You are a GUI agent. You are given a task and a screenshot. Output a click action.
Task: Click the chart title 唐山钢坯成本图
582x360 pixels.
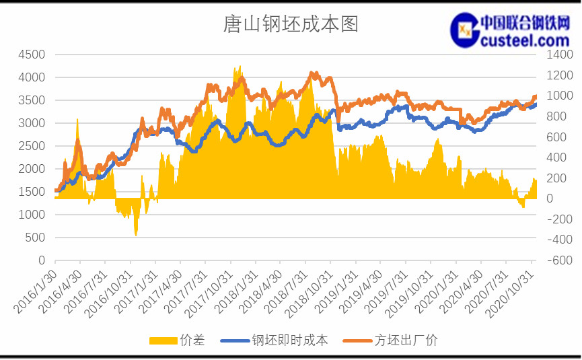click(x=290, y=24)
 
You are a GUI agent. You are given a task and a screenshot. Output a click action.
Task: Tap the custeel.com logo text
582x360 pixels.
click(x=525, y=40)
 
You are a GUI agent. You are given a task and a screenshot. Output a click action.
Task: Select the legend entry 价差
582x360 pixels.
click(x=177, y=340)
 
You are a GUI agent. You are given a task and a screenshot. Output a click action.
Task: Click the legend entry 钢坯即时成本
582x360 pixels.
click(x=274, y=340)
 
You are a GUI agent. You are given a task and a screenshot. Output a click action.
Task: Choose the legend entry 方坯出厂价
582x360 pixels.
click(x=390, y=340)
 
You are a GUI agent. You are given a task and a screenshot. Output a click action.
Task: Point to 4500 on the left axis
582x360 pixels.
click(x=32, y=55)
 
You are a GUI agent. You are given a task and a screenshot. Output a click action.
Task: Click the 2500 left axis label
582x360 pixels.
click(x=32, y=146)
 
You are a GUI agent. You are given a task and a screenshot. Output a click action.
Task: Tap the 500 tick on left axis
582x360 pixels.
click(x=35, y=238)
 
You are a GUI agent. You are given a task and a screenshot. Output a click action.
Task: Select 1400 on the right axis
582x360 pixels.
click(x=560, y=55)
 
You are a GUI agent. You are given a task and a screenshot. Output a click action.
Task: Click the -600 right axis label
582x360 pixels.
click(x=560, y=260)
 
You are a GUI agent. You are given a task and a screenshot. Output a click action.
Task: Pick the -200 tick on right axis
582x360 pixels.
click(x=560, y=219)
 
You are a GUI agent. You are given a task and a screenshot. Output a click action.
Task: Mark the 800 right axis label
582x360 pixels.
click(x=556, y=116)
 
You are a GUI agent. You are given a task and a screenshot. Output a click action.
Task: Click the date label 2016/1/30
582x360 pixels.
click(x=35, y=292)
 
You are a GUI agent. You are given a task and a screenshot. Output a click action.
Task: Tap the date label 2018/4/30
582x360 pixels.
click(x=260, y=292)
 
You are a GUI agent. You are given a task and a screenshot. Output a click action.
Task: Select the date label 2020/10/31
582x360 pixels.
click(x=510, y=294)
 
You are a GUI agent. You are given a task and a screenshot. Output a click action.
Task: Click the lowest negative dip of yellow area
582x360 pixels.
click(x=136, y=235)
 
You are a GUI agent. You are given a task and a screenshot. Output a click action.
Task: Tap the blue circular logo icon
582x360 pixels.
click(x=464, y=30)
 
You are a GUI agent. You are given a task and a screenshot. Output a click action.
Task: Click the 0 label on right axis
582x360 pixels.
click(x=550, y=199)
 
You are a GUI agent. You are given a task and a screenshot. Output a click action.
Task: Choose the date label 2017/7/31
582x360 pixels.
click(x=185, y=292)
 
